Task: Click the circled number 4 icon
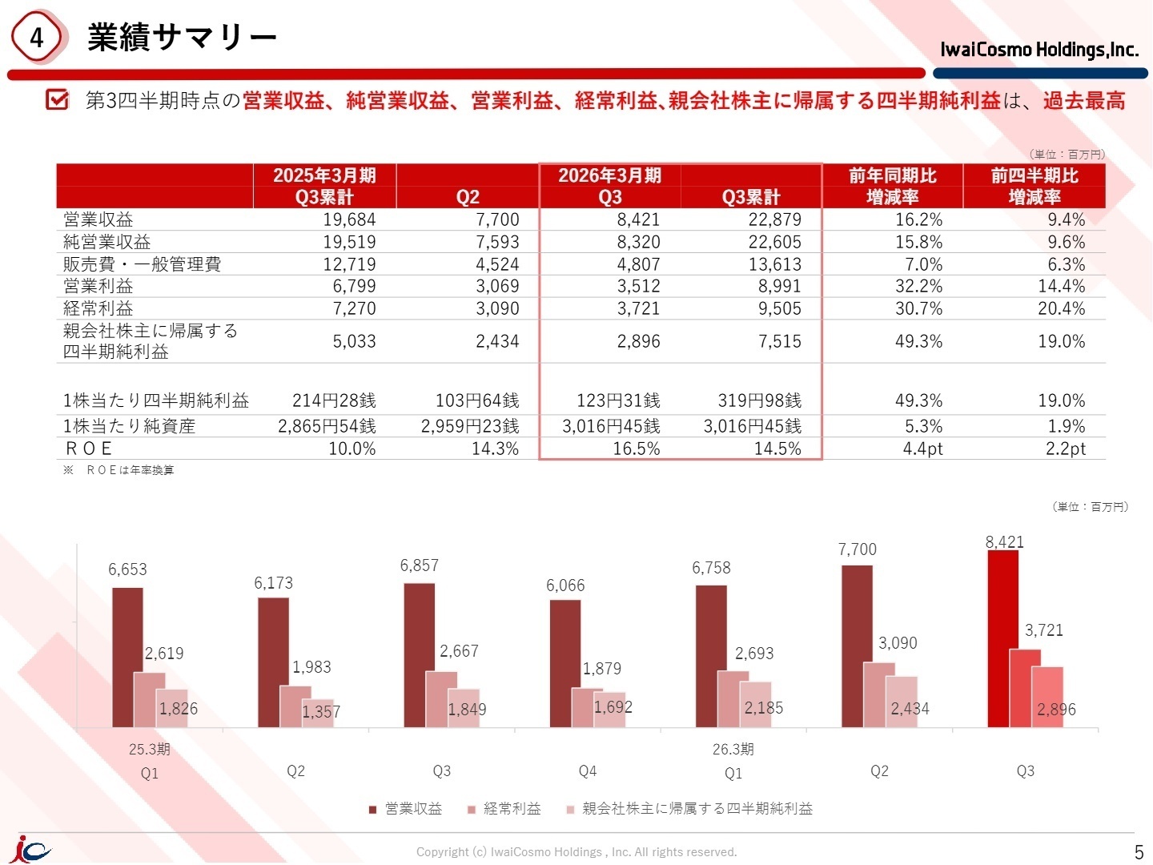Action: (x=36, y=37)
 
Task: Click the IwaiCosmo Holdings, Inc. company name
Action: (x=1039, y=50)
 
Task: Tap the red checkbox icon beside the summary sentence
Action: (x=57, y=99)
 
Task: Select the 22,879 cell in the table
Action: (x=774, y=219)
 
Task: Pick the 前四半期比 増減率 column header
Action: (x=1034, y=186)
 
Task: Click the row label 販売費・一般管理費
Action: (x=142, y=264)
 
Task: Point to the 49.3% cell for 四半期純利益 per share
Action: (x=918, y=400)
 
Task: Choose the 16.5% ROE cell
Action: (x=636, y=449)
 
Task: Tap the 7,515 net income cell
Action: (x=780, y=341)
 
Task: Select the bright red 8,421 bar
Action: (x=1002, y=638)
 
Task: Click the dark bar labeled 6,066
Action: (x=564, y=664)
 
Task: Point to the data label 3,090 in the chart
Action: (x=898, y=643)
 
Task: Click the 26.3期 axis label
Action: (x=733, y=749)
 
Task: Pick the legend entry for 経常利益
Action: (x=504, y=808)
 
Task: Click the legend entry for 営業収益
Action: (x=405, y=808)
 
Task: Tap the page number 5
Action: (x=1139, y=851)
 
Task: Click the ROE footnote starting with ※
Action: (x=119, y=470)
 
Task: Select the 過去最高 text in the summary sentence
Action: (x=1083, y=100)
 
